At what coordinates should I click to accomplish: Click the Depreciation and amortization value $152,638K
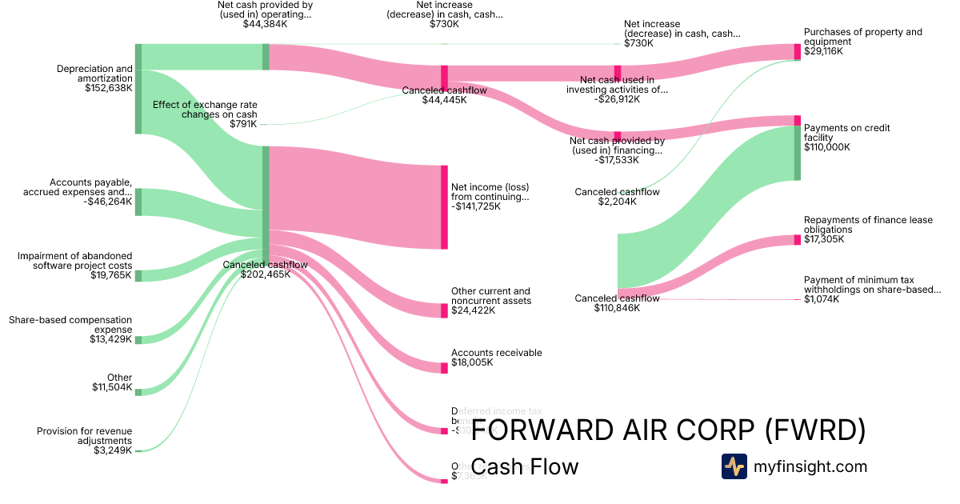108,89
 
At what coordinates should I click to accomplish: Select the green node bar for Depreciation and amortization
138,89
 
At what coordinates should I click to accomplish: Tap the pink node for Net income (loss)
444,207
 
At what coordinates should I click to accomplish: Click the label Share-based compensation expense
70,325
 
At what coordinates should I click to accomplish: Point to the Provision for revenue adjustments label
84,436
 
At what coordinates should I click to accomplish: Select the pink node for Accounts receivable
444,368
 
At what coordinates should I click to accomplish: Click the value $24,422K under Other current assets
473,310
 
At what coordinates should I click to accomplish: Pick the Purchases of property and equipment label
862,37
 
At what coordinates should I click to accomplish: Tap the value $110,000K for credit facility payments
827,147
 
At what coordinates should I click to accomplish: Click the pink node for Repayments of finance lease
797,240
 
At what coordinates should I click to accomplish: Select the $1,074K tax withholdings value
822,299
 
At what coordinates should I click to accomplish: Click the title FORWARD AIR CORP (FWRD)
668,430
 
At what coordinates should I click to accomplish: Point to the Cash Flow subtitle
524,466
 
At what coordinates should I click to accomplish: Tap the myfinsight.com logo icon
734,466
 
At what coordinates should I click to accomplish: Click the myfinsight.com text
810,466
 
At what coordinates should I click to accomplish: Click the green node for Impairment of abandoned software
138,276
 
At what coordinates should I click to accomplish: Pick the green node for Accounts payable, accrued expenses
138,202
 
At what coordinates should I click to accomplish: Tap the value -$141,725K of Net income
476,206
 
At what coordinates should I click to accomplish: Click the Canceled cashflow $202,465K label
265,270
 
